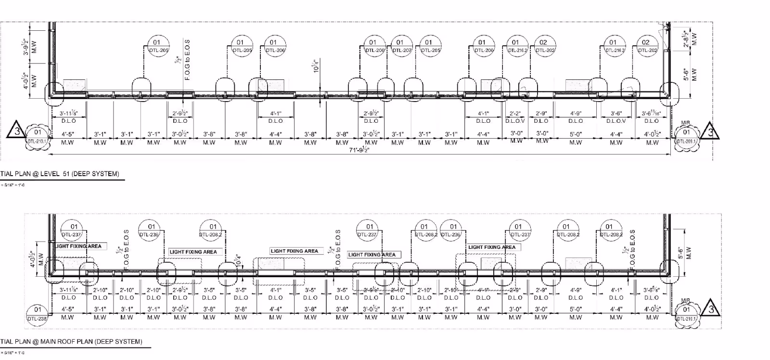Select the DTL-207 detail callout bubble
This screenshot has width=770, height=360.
(x=400, y=46)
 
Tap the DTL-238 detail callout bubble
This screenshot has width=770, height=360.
(x=38, y=313)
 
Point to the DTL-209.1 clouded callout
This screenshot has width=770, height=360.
(x=686, y=136)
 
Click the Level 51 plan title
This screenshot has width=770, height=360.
(x=60, y=174)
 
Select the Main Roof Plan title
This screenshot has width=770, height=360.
(x=71, y=342)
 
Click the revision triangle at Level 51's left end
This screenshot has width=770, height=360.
(x=17, y=130)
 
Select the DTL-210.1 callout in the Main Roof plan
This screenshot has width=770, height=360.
(x=686, y=313)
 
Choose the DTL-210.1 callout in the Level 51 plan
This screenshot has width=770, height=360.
(x=38, y=136)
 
